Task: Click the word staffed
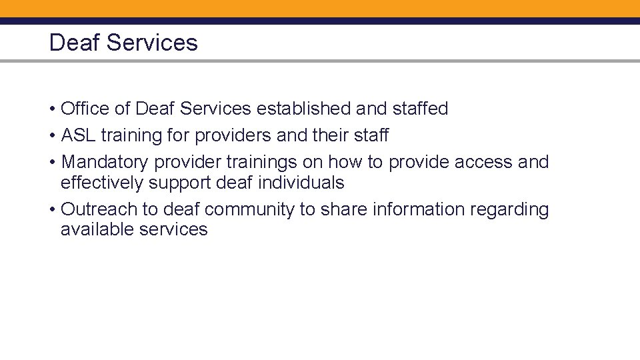pos(419,109)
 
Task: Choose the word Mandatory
pos(104,162)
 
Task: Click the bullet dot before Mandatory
pos(52,163)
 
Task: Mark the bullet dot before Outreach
pos(52,210)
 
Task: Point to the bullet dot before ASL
pos(52,136)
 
